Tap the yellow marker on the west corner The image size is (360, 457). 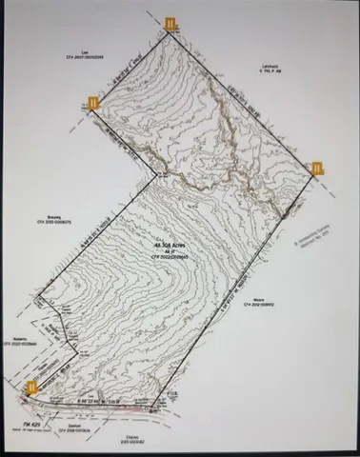tap(93, 103)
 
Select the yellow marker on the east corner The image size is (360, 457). tap(318, 169)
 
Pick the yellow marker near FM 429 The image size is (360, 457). tap(32, 387)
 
